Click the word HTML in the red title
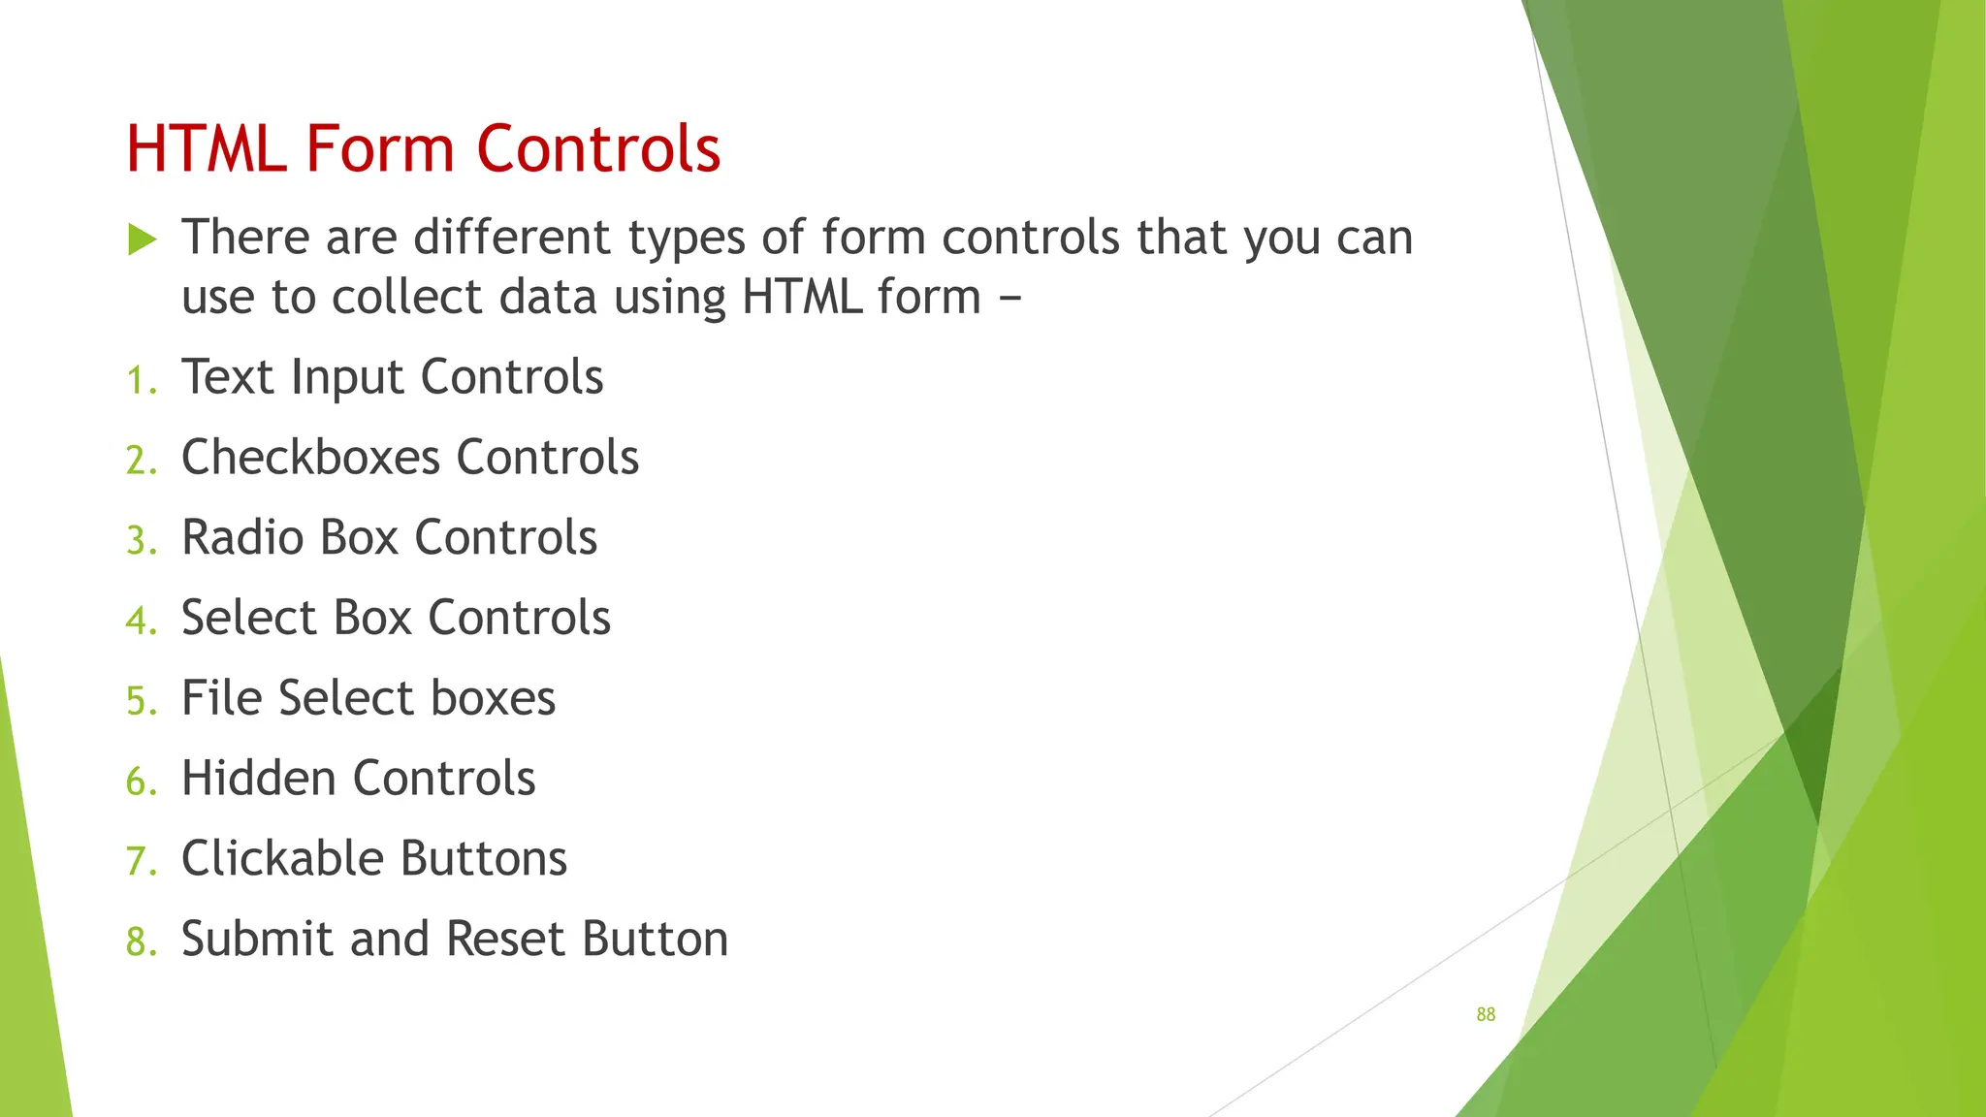point(207,149)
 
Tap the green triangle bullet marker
point(142,239)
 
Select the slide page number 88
point(1486,1014)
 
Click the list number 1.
point(139,380)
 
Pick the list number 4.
point(139,621)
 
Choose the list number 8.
point(139,941)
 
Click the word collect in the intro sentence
point(406,297)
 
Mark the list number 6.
point(139,782)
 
